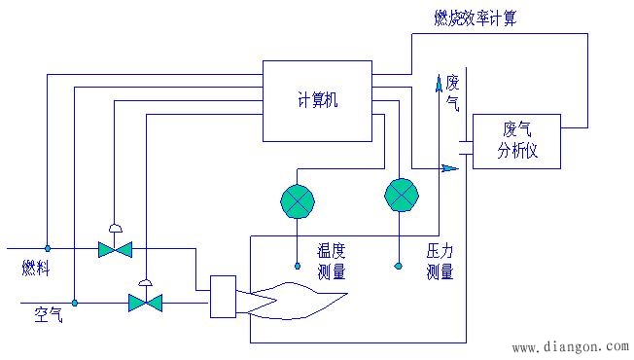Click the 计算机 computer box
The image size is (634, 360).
(x=318, y=98)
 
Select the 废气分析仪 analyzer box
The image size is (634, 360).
(x=516, y=140)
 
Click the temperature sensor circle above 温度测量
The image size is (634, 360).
(x=298, y=199)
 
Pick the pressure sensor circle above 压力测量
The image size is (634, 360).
(x=400, y=196)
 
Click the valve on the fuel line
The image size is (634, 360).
(x=115, y=249)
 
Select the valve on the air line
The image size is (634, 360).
(x=145, y=303)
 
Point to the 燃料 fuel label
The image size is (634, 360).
(x=36, y=266)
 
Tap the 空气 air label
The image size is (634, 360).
(x=48, y=314)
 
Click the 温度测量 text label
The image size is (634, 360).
(x=332, y=262)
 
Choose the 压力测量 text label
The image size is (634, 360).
(x=440, y=262)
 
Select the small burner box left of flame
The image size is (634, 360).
(x=224, y=297)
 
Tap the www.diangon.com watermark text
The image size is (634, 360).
(x=570, y=345)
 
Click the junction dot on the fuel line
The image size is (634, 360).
(x=47, y=249)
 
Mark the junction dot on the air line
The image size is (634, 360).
(x=76, y=303)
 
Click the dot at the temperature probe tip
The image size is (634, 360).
(x=298, y=266)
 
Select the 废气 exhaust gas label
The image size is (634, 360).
(x=452, y=91)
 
